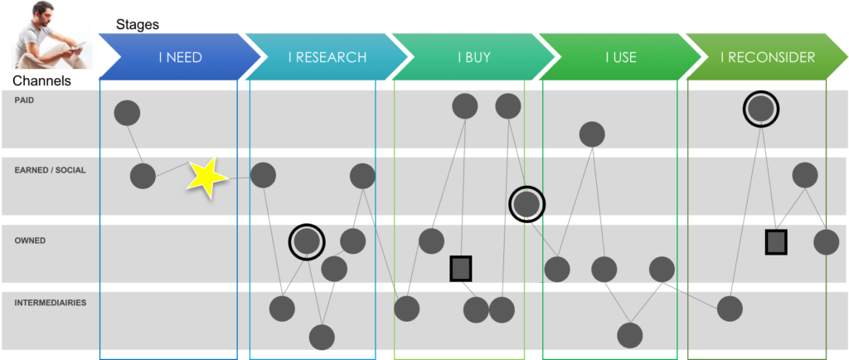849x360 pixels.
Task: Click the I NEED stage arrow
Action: pyautogui.click(x=179, y=57)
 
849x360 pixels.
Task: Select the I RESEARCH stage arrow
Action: pyautogui.click(x=327, y=57)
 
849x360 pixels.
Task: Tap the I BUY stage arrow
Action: pyautogui.click(x=473, y=57)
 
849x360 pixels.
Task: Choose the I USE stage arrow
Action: pyautogui.click(x=620, y=57)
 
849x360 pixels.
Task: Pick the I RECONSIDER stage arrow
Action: pyautogui.click(x=767, y=57)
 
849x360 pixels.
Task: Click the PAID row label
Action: pyautogui.click(x=24, y=100)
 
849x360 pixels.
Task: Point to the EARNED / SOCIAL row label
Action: pyautogui.click(x=50, y=170)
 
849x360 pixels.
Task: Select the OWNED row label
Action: pyautogui.click(x=30, y=241)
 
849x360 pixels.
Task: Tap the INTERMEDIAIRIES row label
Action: pyautogui.click(x=51, y=303)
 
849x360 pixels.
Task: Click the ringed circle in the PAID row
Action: pyautogui.click(x=761, y=108)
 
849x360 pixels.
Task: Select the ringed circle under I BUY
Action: pyautogui.click(x=526, y=203)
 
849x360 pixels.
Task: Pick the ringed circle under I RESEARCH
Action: pyautogui.click(x=307, y=241)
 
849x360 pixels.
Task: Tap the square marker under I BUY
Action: pyautogui.click(x=461, y=268)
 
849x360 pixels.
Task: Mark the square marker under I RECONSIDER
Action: pyautogui.click(x=775, y=241)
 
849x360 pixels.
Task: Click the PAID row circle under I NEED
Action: pyautogui.click(x=127, y=112)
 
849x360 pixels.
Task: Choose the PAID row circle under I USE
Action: pyautogui.click(x=592, y=134)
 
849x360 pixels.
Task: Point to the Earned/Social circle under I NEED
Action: pyautogui.click(x=143, y=176)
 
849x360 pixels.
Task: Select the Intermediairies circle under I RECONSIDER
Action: pyautogui.click(x=730, y=308)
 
